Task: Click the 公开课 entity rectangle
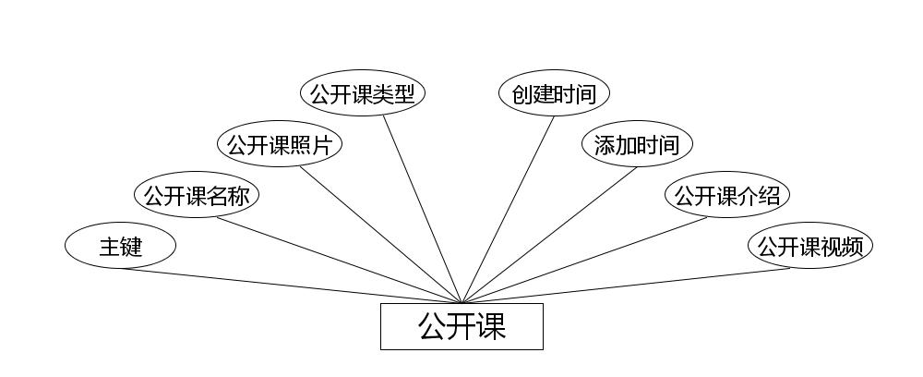coord(461,326)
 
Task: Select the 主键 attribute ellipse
coord(120,247)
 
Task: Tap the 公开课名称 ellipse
coord(197,196)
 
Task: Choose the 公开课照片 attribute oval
coord(280,145)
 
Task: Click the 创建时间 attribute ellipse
coord(554,94)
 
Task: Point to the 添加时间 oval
coord(637,145)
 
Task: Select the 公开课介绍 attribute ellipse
coord(727,196)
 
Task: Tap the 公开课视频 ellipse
coord(809,247)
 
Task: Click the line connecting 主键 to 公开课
coord(291,286)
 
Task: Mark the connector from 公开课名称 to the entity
coord(339,260)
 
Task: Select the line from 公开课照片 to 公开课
coord(380,235)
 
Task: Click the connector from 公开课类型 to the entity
coord(422,209)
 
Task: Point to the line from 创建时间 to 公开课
coord(508,209)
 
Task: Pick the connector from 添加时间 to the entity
coord(549,235)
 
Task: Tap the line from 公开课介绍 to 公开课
coord(584,260)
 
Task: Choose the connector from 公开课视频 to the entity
coord(626,286)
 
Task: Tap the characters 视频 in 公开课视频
coord(844,247)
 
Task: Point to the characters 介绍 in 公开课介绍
coord(761,196)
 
